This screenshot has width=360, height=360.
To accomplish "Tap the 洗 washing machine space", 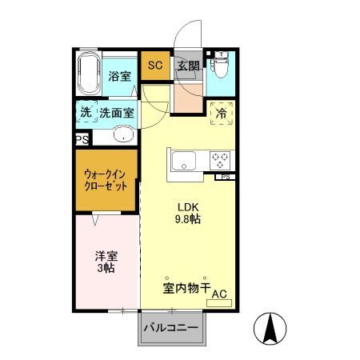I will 86,113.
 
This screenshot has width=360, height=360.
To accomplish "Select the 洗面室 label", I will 118,113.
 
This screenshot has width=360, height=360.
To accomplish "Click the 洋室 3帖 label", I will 106,262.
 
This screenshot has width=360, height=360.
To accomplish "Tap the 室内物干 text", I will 186,286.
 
